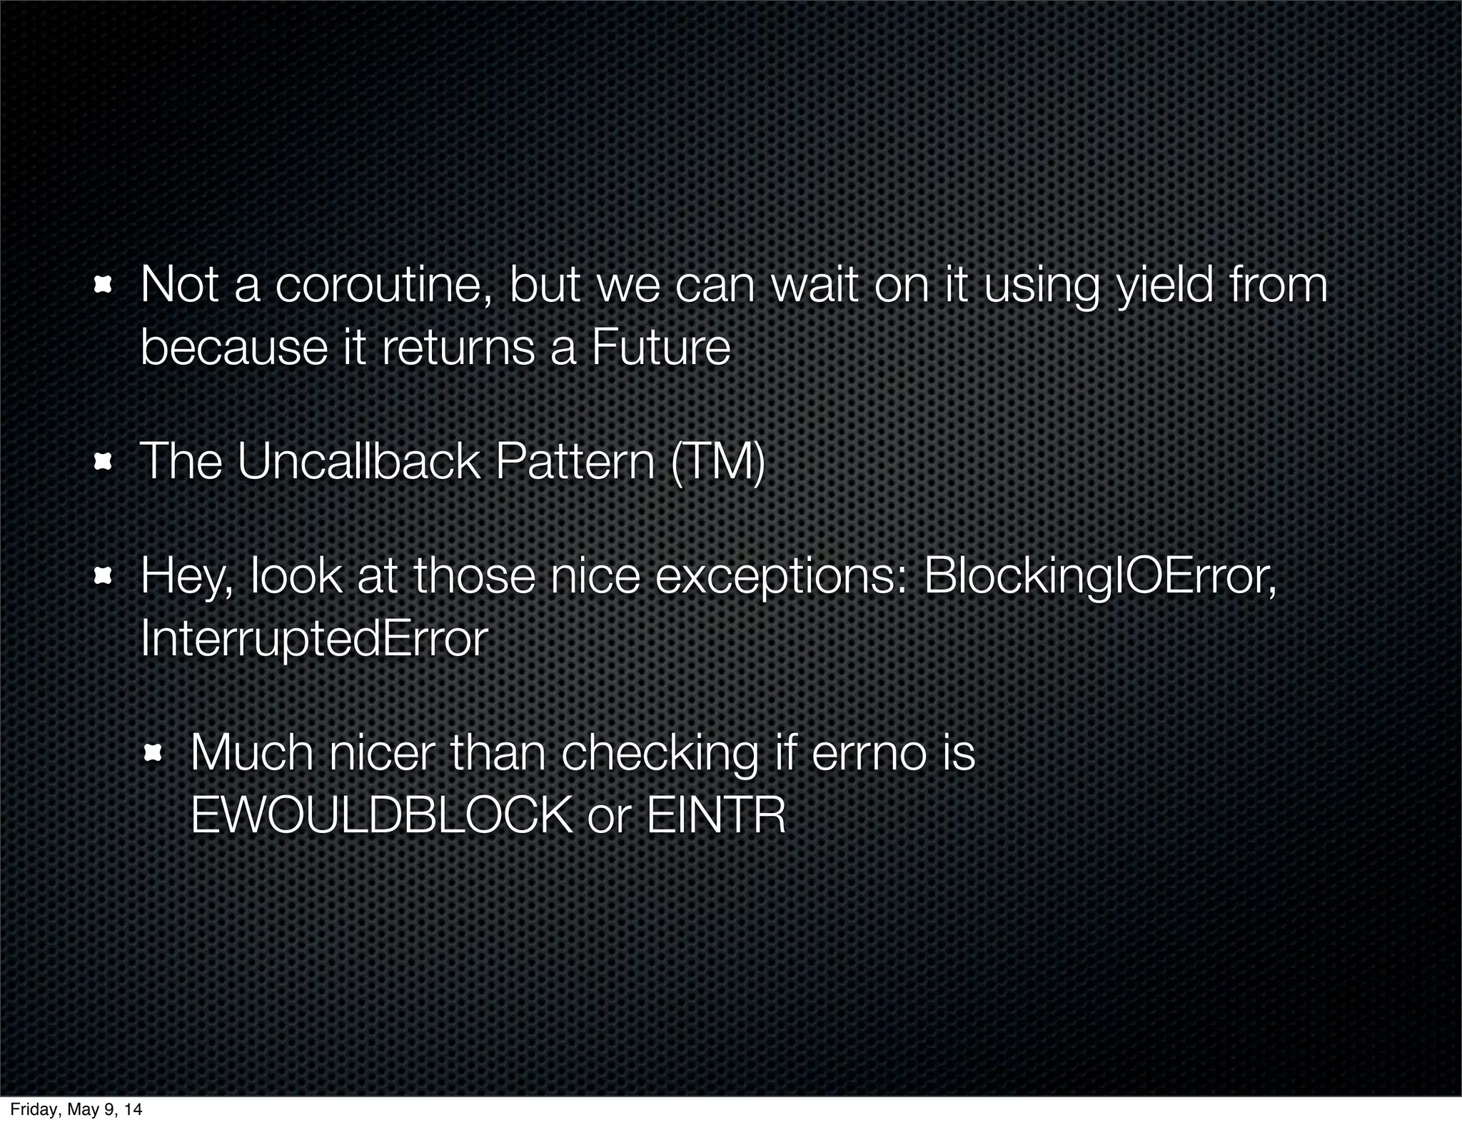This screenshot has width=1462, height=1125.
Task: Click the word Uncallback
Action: point(359,462)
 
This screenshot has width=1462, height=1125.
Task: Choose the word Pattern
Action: point(575,462)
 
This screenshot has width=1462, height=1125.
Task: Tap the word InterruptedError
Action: point(314,639)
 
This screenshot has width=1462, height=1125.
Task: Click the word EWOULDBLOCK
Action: point(381,815)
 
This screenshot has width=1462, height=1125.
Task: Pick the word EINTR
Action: point(716,815)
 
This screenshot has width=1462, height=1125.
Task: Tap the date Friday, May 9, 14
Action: point(76,1109)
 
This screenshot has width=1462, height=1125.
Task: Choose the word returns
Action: point(458,348)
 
